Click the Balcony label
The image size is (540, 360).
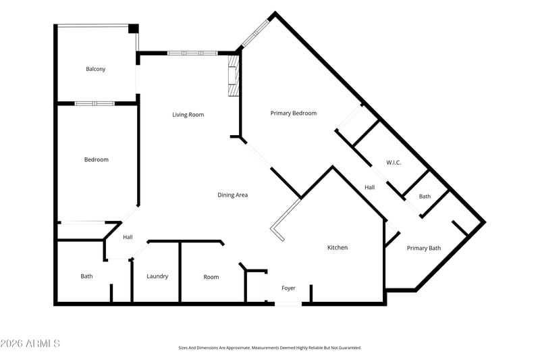click(95, 69)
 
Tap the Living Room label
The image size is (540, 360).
click(188, 115)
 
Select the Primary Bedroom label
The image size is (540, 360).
click(294, 113)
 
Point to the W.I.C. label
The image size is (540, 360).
click(394, 163)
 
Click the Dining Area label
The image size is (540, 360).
click(232, 195)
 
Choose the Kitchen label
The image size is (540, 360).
click(337, 247)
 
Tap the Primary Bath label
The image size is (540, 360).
click(424, 248)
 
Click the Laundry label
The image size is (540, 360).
click(157, 276)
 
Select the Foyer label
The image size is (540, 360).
click(289, 288)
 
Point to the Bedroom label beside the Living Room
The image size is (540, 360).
click(97, 159)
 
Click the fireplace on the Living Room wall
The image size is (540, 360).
click(233, 76)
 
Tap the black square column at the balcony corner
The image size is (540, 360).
click(133, 28)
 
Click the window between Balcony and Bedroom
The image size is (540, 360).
click(94, 103)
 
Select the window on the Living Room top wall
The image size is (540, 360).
click(192, 53)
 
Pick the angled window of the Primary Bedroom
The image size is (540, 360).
click(255, 33)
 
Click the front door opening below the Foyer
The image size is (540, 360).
click(288, 304)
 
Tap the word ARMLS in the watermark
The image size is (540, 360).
click(43, 344)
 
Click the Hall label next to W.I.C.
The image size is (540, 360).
click(369, 187)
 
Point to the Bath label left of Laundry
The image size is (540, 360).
click(86, 276)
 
